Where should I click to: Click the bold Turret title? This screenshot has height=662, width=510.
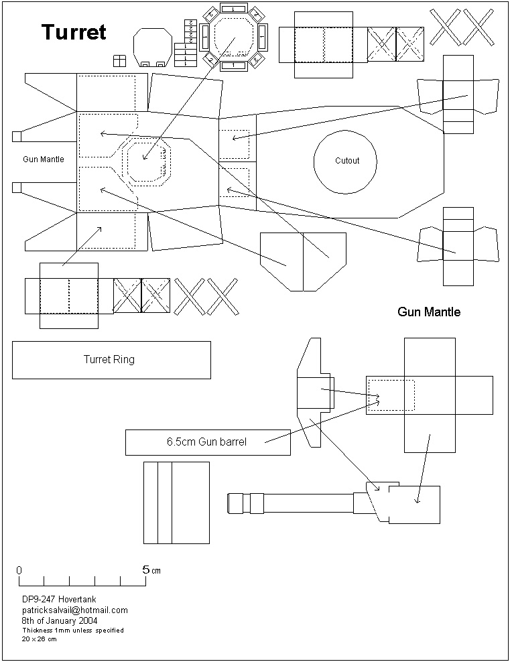74,31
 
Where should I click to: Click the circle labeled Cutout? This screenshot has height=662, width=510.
346,161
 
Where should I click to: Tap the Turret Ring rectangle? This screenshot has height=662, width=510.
111,360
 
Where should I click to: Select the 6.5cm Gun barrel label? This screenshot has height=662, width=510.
206,442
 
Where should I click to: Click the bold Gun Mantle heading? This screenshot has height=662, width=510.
429,312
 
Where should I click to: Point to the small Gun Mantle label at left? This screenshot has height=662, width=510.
44,159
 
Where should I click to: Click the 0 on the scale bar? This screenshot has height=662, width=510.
19,570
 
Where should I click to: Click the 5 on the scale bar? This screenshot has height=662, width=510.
145,570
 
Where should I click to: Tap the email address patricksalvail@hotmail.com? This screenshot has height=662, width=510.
74,610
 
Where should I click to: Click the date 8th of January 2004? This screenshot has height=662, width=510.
60,620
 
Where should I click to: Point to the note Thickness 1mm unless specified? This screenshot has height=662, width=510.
72,631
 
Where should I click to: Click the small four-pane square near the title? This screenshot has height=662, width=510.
119,61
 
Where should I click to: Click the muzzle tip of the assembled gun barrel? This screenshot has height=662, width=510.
231,503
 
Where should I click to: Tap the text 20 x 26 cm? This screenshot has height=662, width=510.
39,639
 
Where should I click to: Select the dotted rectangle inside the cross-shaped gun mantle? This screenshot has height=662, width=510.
391,395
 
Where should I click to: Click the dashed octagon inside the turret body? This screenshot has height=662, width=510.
148,161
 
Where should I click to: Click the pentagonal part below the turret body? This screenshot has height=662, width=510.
303,261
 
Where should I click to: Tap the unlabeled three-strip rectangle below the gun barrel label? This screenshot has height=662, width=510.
177,502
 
